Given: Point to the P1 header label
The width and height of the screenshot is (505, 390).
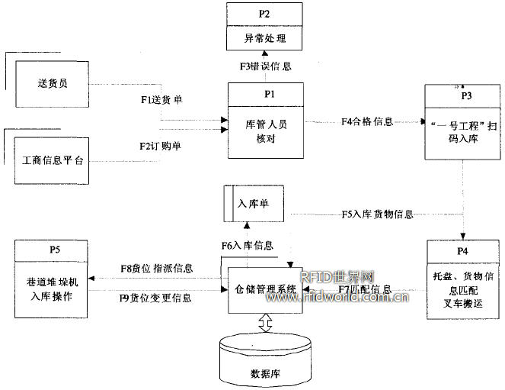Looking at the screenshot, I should pos(266,93).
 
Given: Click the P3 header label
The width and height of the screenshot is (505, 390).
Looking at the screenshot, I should pos(466,95).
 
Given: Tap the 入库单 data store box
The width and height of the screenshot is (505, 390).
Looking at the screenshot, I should pos(251,204).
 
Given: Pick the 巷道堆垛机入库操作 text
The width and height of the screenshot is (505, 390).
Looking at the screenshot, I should pos(53,288).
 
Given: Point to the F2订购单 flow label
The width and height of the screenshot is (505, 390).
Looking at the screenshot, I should pos(160,145).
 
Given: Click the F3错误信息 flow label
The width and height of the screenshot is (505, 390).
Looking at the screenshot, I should pos(266,66).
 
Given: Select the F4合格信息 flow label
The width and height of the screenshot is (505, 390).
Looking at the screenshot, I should pos(367,121).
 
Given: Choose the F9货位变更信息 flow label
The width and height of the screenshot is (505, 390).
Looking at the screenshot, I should pos(156,298).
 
